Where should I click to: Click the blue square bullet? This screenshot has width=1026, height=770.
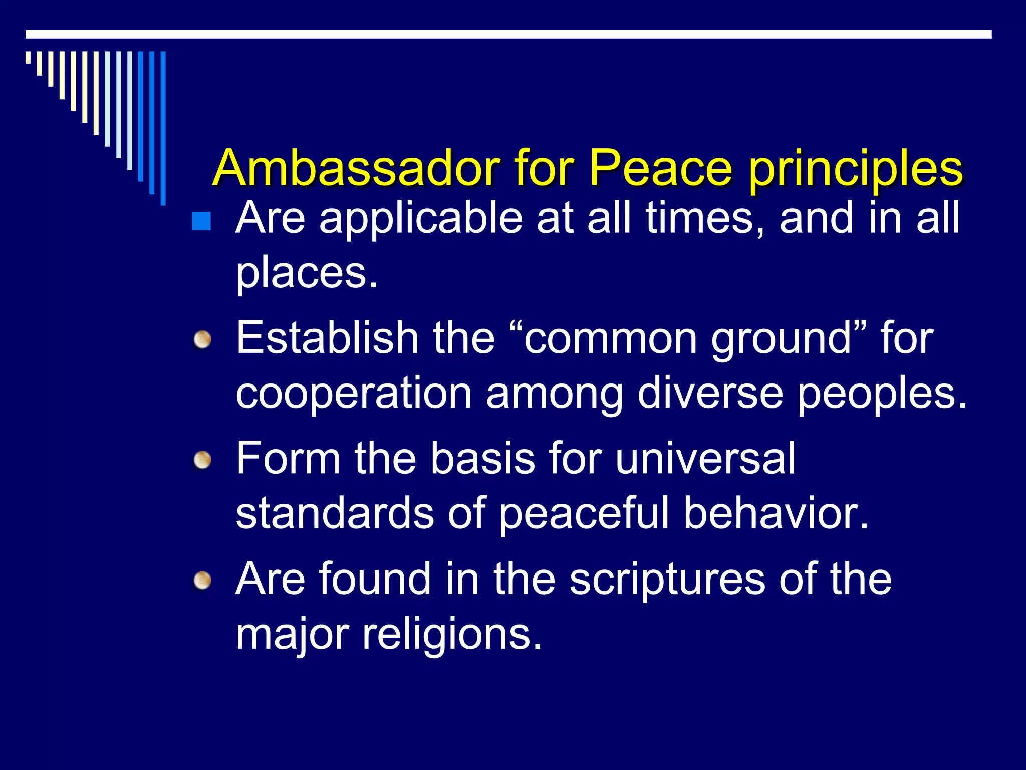point(201,221)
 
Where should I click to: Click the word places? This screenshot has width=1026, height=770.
point(307,274)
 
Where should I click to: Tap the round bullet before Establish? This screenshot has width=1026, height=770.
point(203,340)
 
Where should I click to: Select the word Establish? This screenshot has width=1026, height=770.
point(327,338)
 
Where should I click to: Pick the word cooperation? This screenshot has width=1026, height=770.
point(354,394)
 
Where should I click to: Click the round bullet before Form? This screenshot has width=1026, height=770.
point(203,460)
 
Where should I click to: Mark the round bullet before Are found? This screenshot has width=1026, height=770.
point(203,581)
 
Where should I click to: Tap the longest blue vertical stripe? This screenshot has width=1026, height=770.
point(163,128)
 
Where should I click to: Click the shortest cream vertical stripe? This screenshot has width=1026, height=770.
point(29,57)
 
